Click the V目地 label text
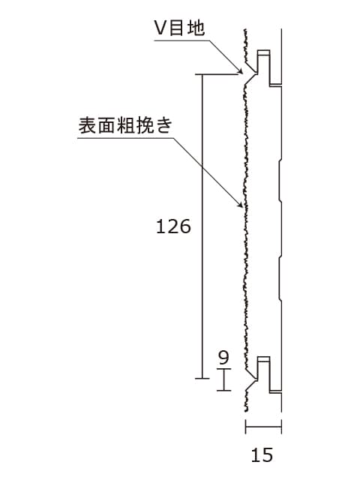pos(179,28)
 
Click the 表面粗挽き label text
pos(125,125)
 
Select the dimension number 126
pos(173,226)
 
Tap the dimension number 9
pos(223,357)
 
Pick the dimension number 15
pos(262,455)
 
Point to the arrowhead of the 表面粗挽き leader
pos(240,205)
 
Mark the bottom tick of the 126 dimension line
pos(202,379)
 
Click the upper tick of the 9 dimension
pos(223,369)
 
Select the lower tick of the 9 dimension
pos(223,390)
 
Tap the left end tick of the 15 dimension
pos(245,427)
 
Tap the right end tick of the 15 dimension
pos(281,427)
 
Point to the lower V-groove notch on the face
pos(251,380)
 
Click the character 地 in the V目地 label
pos(196,28)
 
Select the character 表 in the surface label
pos(87,125)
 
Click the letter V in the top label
pos(160,28)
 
